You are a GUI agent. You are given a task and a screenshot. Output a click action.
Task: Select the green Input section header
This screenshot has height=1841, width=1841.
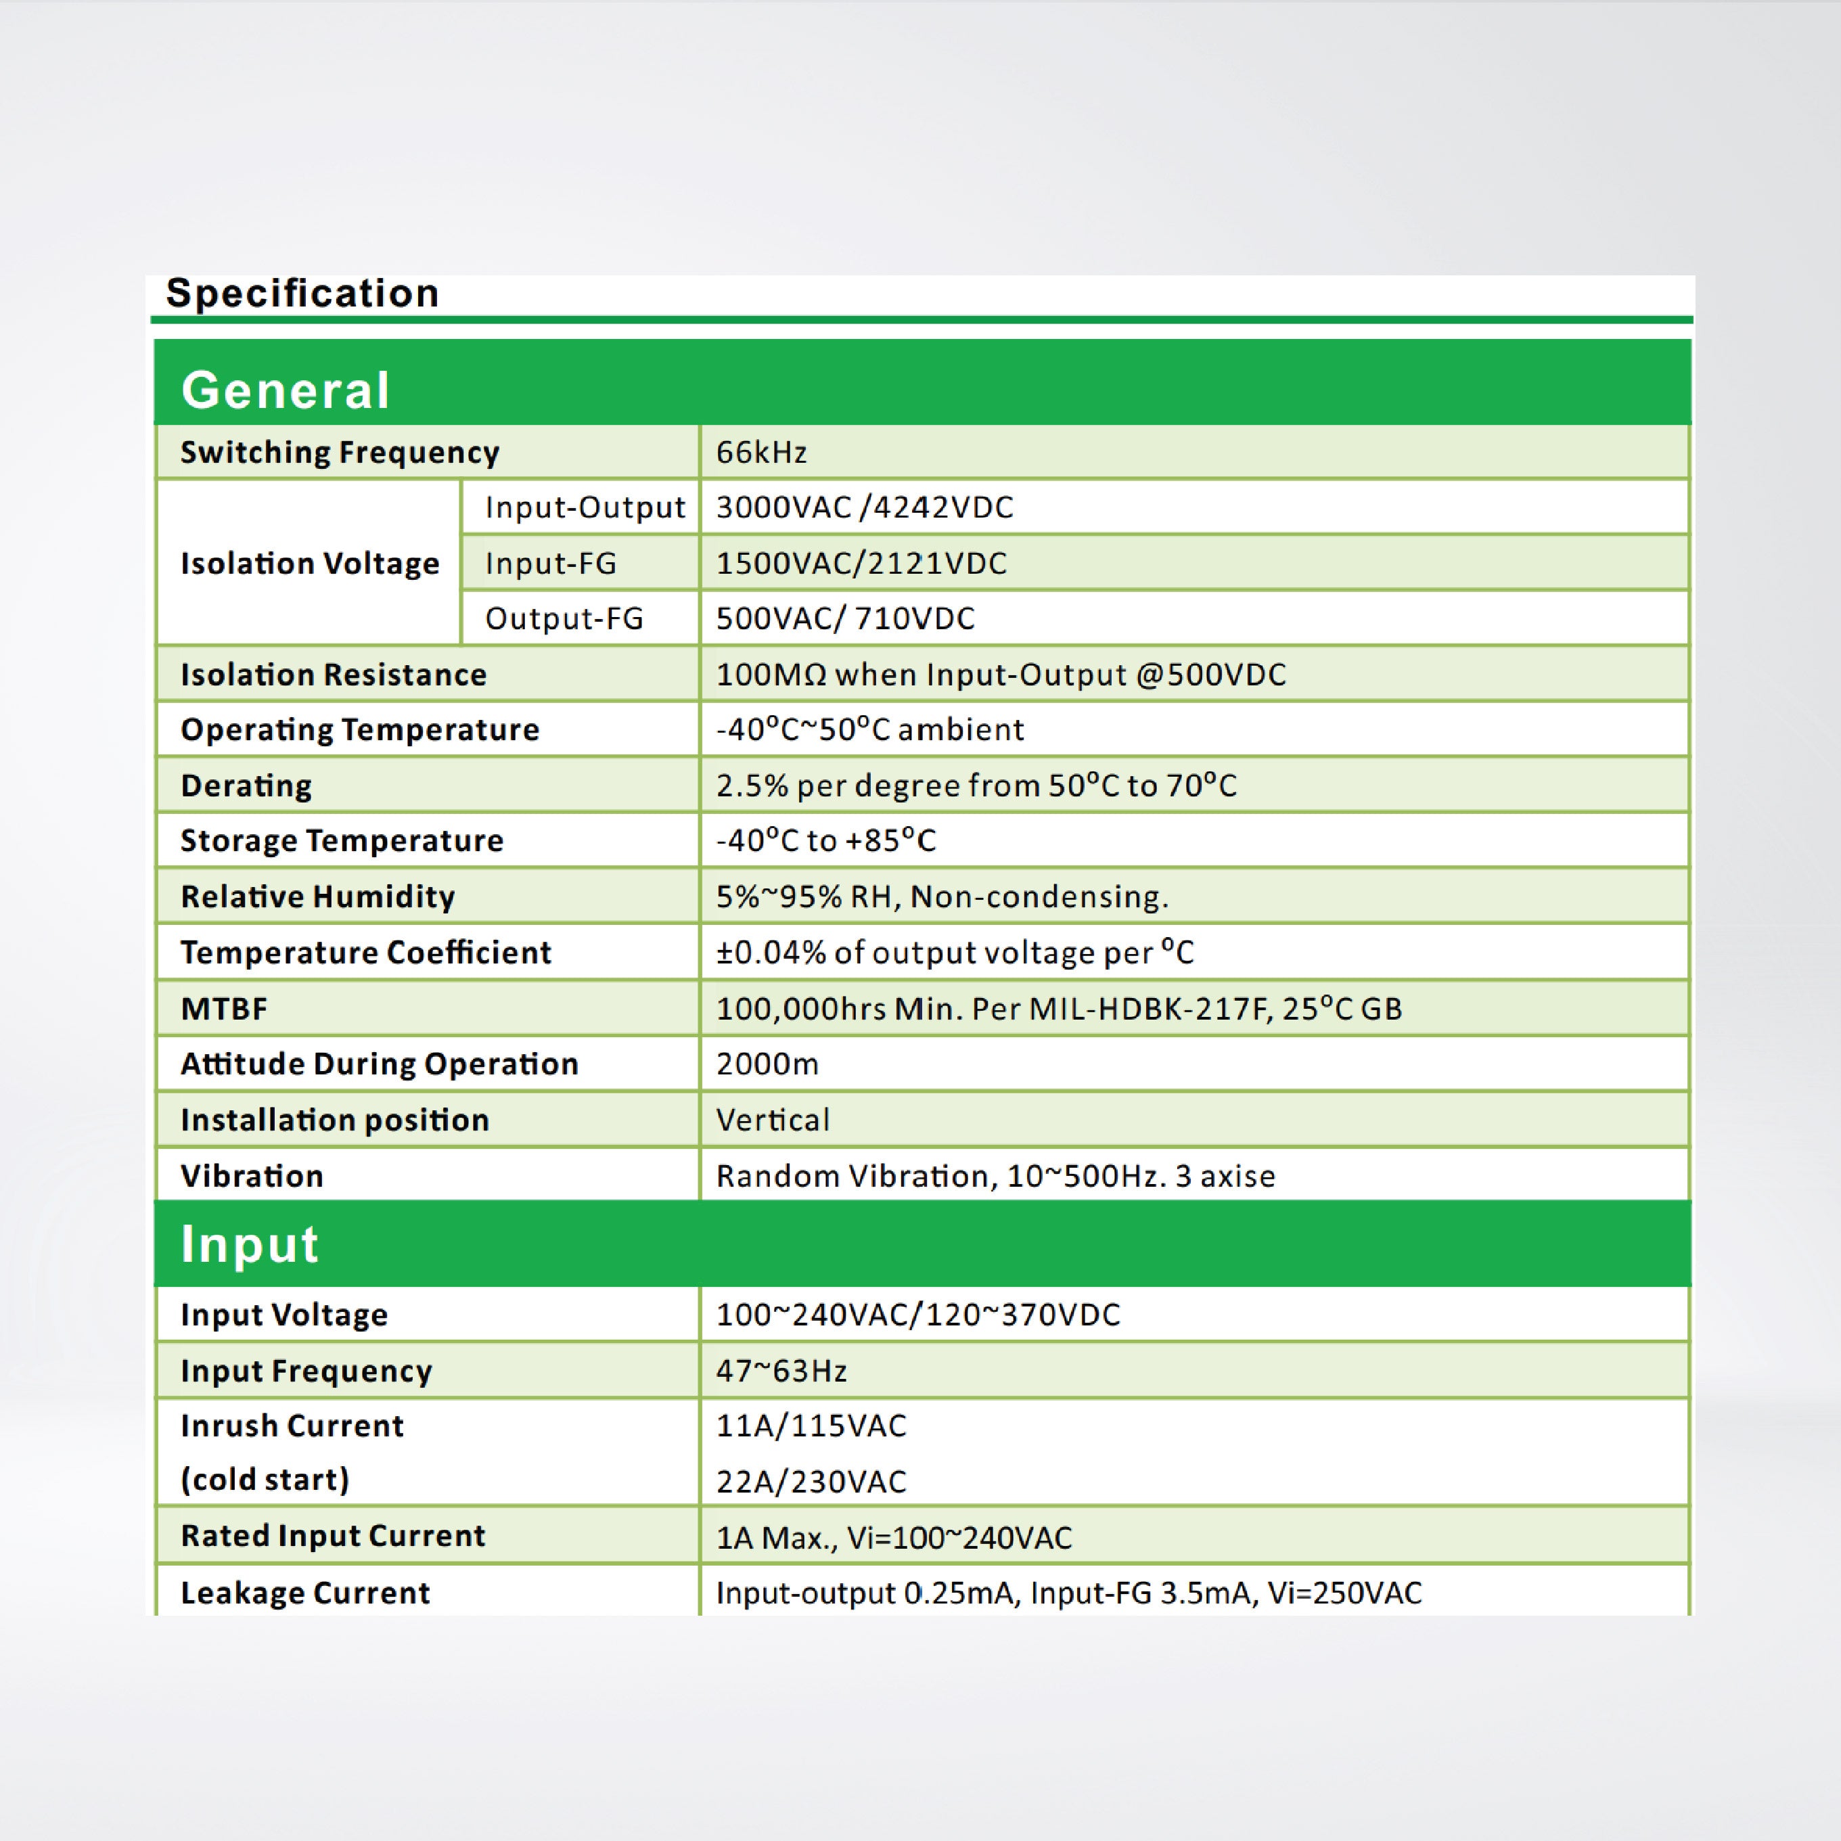[250, 1244]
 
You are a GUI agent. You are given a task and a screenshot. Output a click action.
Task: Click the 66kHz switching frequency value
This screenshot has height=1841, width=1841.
[761, 452]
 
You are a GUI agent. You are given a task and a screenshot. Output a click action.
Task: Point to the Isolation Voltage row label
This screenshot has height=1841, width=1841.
[310, 563]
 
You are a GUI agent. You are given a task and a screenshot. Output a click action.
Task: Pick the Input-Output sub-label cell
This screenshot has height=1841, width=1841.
[584, 507]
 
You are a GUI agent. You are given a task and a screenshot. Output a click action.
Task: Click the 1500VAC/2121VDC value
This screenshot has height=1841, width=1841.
[861, 563]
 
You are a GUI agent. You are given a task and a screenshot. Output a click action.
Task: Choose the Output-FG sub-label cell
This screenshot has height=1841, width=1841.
[564, 618]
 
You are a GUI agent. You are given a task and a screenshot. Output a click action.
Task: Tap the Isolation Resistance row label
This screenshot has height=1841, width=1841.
[334, 675]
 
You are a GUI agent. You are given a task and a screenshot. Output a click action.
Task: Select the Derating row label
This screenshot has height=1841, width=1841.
[246, 786]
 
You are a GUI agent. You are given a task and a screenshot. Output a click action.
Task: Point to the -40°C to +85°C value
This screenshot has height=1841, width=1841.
[826, 840]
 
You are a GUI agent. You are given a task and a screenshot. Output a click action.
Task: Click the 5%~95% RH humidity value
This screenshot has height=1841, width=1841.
[941, 896]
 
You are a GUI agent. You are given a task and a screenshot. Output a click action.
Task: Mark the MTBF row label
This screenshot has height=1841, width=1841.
[224, 1008]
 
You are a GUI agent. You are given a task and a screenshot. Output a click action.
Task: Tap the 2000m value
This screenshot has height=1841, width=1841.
[767, 1064]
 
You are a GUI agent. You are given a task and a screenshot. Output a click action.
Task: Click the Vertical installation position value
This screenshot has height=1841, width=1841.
[773, 1120]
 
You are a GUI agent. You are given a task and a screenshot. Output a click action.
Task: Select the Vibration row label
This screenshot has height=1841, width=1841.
[252, 1176]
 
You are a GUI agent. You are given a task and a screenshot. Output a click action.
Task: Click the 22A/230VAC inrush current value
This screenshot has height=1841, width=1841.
[811, 1481]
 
